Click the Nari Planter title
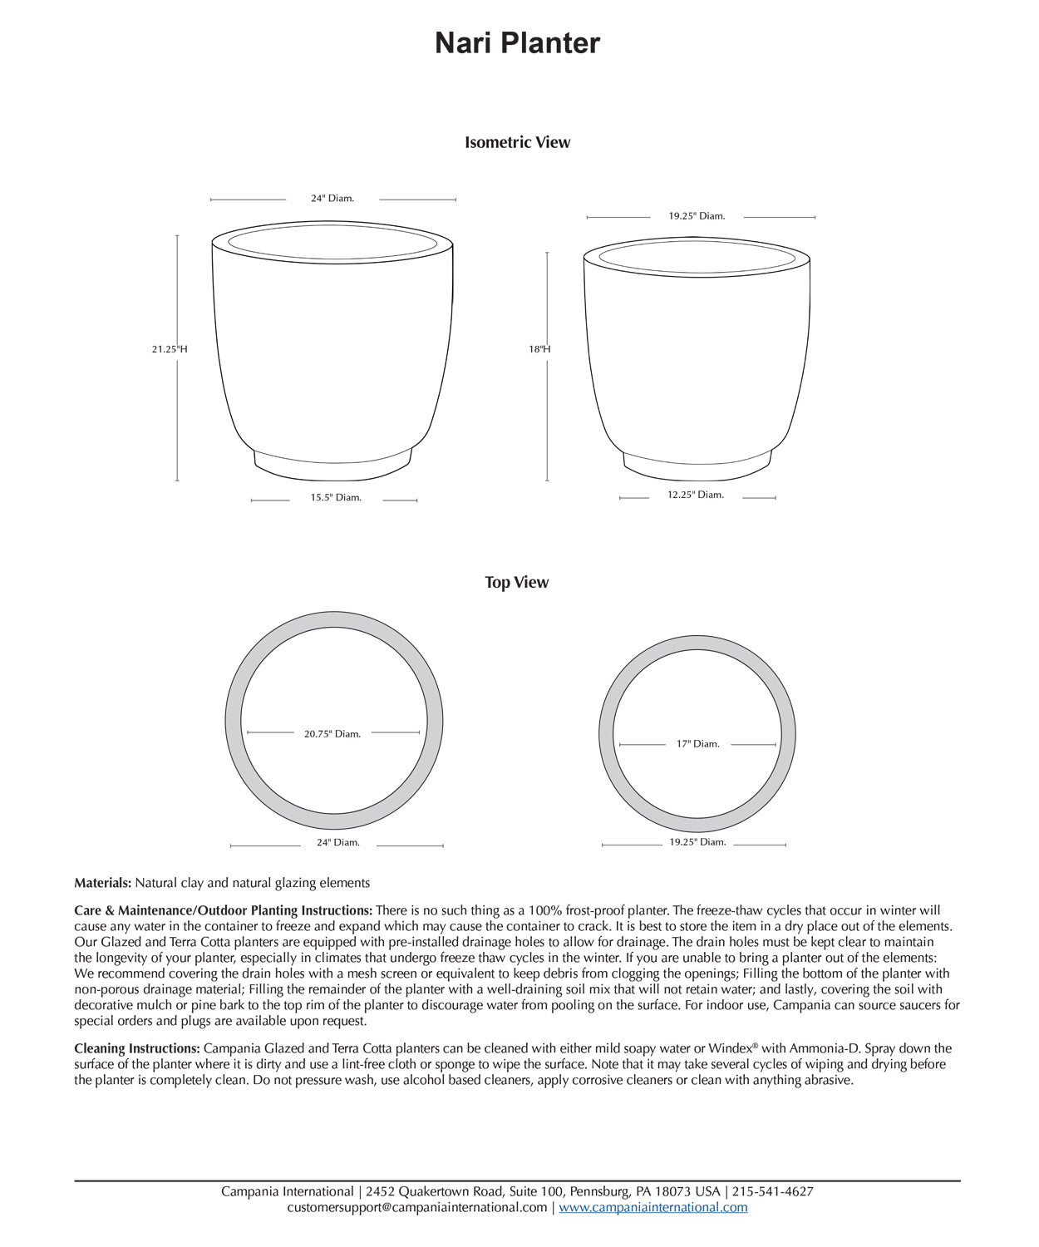[517, 43]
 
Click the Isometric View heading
[517, 142]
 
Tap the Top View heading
[517, 582]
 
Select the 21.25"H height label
[170, 349]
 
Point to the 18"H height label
[539, 349]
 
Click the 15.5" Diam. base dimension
[336, 498]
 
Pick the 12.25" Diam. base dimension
[695, 495]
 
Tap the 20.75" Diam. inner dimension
[332, 734]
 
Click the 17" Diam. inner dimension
[697, 744]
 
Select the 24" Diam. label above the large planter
[332, 199]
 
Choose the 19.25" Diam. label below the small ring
[697, 842]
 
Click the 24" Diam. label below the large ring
[337, 842]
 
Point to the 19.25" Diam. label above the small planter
[697, 216]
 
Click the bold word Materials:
[103, 883]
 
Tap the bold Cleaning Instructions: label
[137, 1049]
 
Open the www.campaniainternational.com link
[652, 1207]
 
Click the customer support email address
[416, 1207]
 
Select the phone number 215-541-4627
[773, 1191]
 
